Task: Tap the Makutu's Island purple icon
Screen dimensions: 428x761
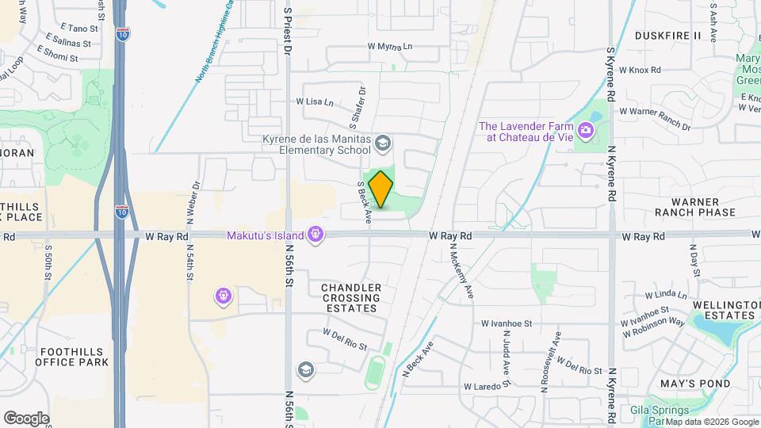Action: click(315, 235)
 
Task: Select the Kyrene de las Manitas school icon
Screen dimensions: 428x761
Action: click(383, 143)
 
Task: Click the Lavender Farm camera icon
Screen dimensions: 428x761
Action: click(586, 129)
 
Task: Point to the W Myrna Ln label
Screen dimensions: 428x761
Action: click(390, 47)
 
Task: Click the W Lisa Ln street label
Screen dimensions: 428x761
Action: click(315, 101)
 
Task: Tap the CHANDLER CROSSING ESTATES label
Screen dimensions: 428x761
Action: click(351, 297)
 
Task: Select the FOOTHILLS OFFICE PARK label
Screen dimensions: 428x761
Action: click(71, 356)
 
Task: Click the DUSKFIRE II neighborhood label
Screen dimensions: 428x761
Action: click(668, 36)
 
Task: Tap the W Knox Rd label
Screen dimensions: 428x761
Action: click(639, 70)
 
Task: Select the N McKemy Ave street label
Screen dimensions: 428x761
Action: click(461, 269)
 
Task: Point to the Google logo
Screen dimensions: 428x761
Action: click(26, 418)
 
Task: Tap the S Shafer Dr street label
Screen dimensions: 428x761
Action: click(358, 109)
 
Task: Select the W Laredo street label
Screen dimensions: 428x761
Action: click(483, 386)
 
